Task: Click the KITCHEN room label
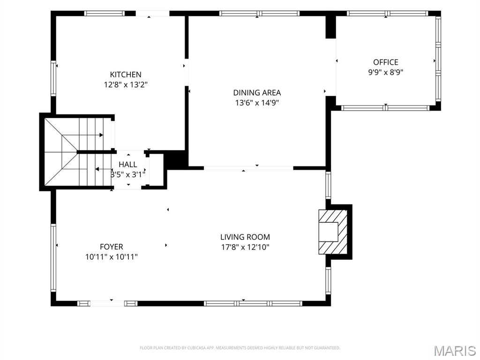tap(126, 75)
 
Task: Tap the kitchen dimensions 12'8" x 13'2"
tap(126, 84)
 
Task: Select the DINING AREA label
tap(257, 92)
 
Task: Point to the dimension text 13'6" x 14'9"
tap(257, 103)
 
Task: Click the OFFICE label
tap(385, 62)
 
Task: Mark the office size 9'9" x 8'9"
tap(385, 72)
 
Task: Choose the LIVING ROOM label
tap(245, 237)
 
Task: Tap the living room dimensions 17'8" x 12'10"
tap(245, 247)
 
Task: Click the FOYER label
tap(112, 247)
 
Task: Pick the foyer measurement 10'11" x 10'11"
tap(112, 257)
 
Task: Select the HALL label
tap(127, 165)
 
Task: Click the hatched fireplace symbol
tap(333, 232)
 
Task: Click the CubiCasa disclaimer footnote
tap(240, 348)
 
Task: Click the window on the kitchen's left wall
tap(53, 78)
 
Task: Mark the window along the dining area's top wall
tap(259, 13)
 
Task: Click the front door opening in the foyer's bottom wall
tap(107, 303)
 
